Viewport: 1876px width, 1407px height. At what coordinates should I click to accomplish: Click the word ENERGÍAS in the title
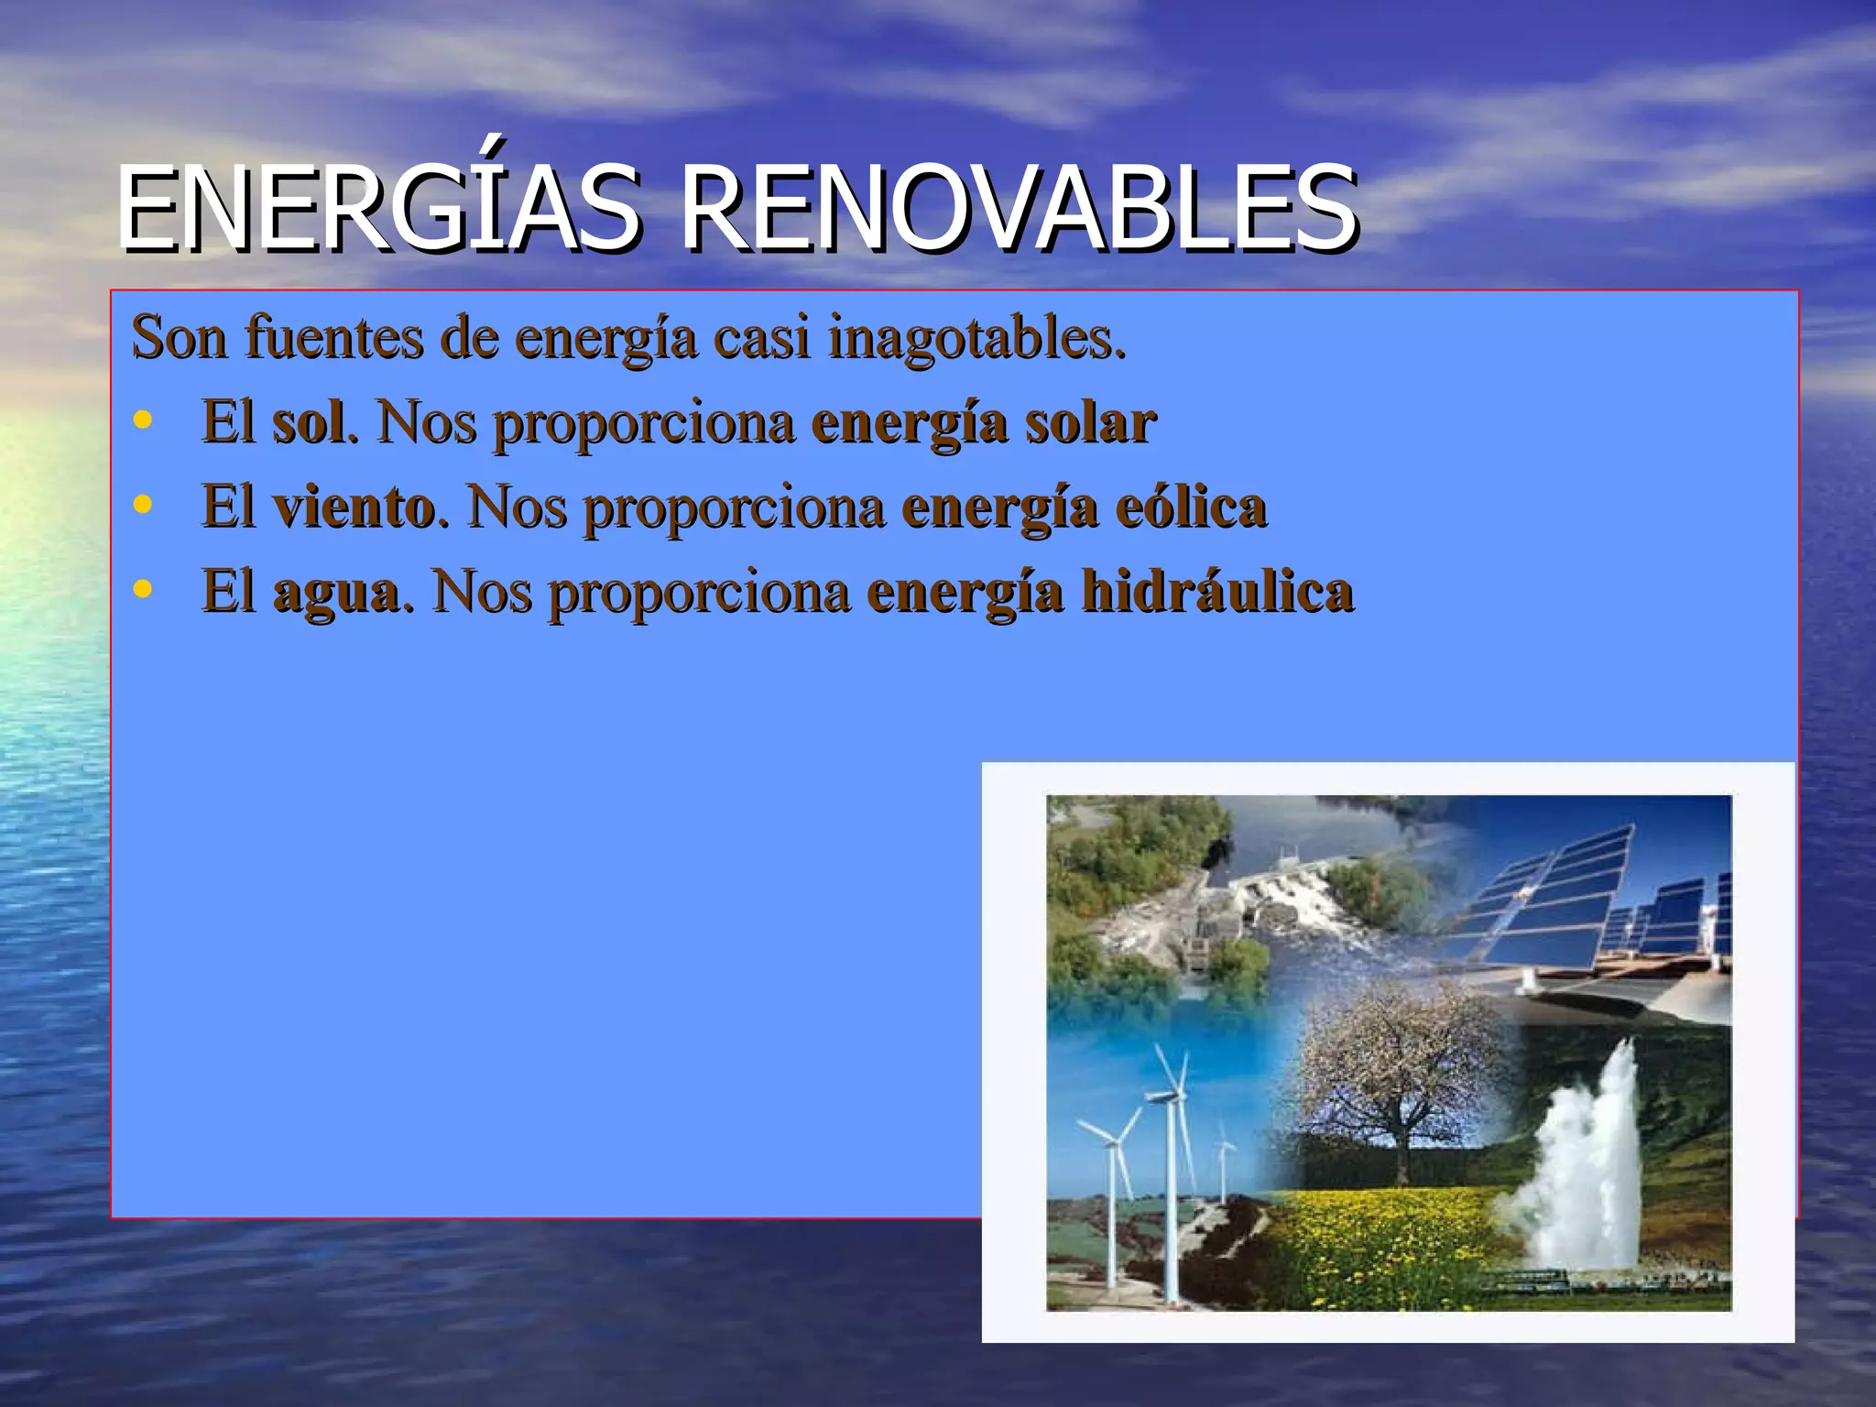[x=376, y=209]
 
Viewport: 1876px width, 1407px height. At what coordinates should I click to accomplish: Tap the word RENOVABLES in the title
[x=1017, y=209]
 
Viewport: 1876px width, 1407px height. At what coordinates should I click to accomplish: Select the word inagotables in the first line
[x=976, y=338]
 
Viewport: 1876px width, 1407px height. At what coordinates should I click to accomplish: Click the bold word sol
[x=310, y=423]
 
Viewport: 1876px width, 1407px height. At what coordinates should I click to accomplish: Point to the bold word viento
[x=354, y=507]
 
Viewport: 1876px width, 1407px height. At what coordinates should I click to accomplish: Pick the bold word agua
[x=336, y=592]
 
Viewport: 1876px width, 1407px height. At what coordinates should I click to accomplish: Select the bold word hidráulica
[x=1217, y=592]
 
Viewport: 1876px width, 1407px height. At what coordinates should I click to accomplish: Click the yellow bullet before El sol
[x=142, y=420]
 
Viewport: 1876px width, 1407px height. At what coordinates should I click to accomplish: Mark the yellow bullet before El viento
[x=142, y=505]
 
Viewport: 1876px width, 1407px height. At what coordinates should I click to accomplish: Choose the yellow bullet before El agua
[x=142, y=589]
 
